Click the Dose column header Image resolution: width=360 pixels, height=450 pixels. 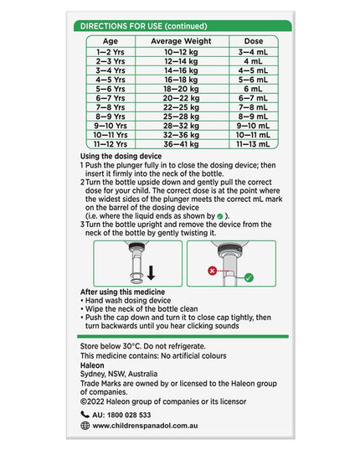254,41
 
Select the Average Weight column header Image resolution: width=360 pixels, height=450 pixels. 181,41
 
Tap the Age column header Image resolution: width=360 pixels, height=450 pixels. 111,41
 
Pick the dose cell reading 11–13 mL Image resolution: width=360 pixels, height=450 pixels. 253,144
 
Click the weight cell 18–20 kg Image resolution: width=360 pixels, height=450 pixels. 182,89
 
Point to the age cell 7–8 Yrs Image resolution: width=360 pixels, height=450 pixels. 111,107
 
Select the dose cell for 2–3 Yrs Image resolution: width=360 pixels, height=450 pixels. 253,61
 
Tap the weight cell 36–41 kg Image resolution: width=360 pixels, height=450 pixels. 181,144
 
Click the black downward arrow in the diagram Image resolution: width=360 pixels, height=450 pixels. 151,272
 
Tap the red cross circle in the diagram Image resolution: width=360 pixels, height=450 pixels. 212,271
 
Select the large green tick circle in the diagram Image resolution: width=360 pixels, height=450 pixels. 249,277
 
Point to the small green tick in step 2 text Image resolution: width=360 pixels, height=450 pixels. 220,216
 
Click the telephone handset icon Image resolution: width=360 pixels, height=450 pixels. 85,415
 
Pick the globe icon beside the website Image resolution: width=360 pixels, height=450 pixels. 85,426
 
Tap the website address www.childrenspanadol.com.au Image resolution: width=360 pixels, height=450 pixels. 145,426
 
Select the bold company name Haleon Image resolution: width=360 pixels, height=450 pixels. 92,365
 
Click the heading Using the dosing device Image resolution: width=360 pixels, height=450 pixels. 121,156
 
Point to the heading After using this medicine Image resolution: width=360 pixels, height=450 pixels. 123,292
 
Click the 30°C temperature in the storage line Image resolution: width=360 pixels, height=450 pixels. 131,346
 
